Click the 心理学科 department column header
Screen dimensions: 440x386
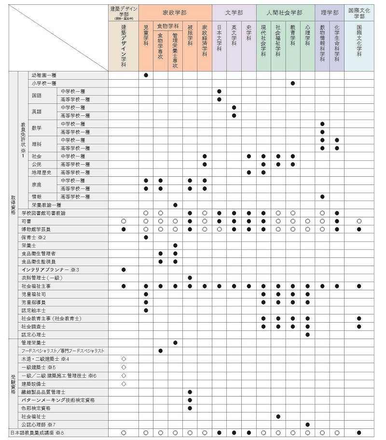click(x=308, y=36)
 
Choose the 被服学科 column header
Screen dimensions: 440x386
click(x=190, y=36)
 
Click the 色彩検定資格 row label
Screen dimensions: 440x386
click(x=36, y=408)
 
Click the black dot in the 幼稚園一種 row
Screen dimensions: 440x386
click(x=146, y=75)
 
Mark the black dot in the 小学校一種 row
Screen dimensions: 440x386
click(x=293, y=83)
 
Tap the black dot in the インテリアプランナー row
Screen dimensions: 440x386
click(x=124, y=270)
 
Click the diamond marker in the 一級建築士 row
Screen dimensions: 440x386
click(x=124, y=367)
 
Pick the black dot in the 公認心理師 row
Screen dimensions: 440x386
click(x=308, y=425)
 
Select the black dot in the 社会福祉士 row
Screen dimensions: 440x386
click(x=278, y=416)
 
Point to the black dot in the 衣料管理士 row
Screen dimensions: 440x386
click(x=190, y=278)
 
